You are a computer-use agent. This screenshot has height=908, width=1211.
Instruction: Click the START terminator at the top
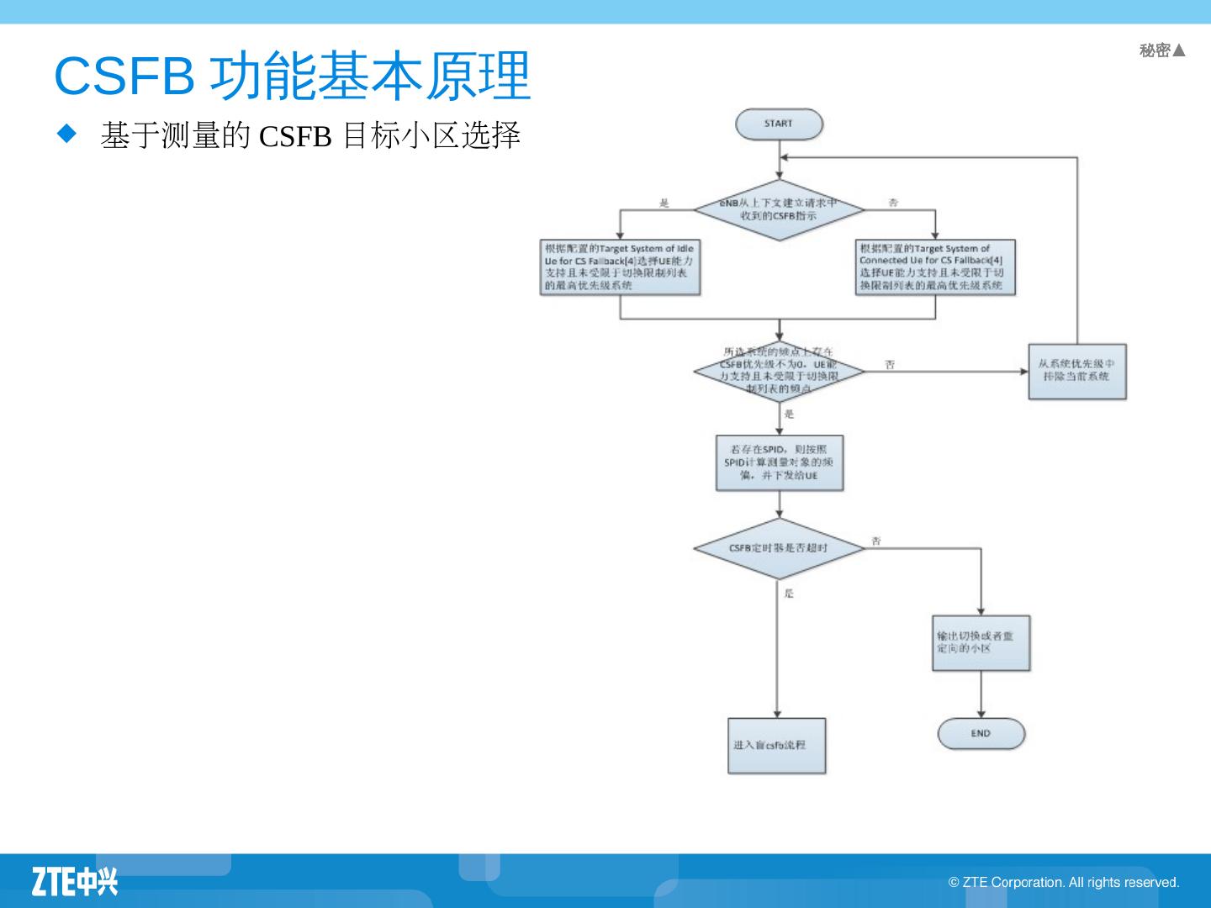[779, 124]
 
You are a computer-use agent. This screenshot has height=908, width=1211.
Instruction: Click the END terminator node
[981, 733]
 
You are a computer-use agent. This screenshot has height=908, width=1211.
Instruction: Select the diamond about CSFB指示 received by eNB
[779, 209]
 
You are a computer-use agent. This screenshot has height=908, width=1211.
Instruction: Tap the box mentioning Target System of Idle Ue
[620, 267]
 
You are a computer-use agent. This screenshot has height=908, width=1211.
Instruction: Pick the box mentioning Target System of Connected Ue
[935, 267]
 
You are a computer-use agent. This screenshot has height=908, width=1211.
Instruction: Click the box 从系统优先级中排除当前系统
[1076, 371]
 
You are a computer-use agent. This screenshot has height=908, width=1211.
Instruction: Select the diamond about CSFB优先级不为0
[779, 371]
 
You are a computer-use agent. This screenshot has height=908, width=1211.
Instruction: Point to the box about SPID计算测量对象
[779, 462]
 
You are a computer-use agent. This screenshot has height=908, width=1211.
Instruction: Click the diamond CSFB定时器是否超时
[779, 548]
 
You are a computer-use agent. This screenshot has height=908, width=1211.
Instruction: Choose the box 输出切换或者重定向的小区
[981, 643]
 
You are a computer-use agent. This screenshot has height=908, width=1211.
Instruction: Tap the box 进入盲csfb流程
[776, 746]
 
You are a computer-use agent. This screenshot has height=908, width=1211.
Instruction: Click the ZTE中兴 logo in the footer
[75, 881]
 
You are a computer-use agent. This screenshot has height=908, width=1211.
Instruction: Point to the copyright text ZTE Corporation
[1064, 882]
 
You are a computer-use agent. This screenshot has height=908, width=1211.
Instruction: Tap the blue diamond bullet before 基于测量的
[66, 133]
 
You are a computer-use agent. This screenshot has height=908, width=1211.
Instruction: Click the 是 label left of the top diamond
[664, 203]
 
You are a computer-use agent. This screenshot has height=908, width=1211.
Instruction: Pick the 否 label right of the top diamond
[893, 203]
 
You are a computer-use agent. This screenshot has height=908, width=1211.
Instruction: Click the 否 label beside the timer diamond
[876, 541]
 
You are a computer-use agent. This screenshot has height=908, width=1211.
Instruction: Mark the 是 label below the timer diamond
[789, 594]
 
